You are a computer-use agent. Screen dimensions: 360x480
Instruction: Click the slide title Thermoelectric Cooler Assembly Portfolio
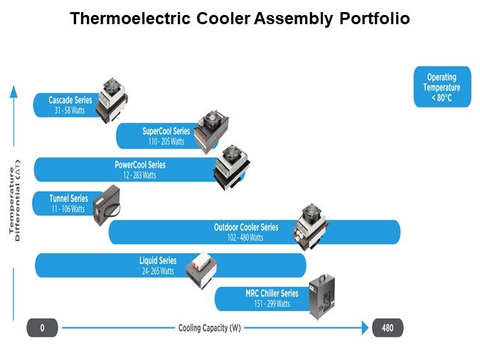[240, 19]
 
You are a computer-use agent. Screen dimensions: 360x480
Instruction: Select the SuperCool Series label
[166, 131]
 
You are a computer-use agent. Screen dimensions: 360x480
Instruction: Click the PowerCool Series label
[140, 165]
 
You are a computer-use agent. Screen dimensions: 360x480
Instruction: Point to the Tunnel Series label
[68, 198]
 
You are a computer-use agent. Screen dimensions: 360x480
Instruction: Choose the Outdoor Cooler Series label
[246, 228]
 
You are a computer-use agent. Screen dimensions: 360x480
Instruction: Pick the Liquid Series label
[158, 261]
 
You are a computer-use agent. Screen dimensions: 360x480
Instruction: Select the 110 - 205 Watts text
[166, 142]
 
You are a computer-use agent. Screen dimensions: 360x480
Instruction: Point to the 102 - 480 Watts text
[245, 238]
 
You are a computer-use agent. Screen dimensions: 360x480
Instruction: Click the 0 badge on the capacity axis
[42, 328]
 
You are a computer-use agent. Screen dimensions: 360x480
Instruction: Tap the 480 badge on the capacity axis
[388, 328]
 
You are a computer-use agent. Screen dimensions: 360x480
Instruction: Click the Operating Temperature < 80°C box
[442, 88]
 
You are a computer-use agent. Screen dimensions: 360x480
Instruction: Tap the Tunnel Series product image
[107, 205]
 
